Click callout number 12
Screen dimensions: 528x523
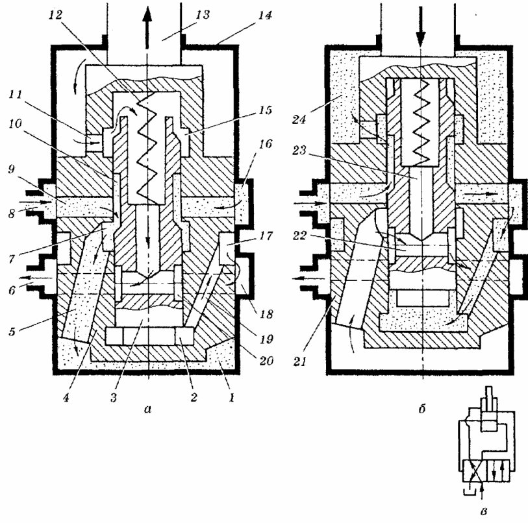tap(57, 15)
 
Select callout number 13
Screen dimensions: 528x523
tap(203, 15)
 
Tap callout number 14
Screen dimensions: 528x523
tap(265, 15)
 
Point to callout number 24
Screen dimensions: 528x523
tap(299, 119)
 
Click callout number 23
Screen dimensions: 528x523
tap(299, 150)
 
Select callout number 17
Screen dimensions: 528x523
tap(266, 236)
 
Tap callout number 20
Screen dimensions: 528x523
tap(266, 360)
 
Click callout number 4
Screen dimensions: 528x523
tap(66, 398)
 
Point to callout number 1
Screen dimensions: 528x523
tap(231, 398)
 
